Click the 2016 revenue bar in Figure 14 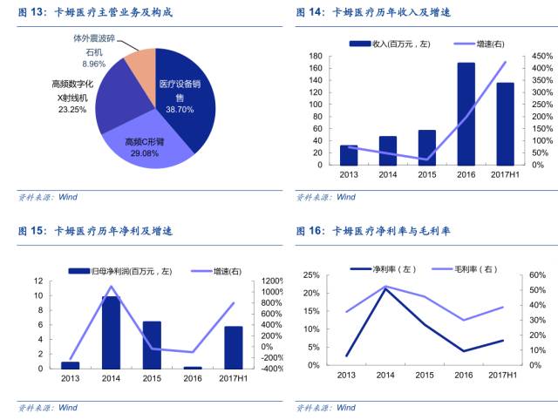466,113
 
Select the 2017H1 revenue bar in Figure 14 505,123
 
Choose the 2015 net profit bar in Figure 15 152,345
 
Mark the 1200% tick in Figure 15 271,281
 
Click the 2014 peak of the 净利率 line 385,288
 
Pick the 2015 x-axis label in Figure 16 424,375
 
